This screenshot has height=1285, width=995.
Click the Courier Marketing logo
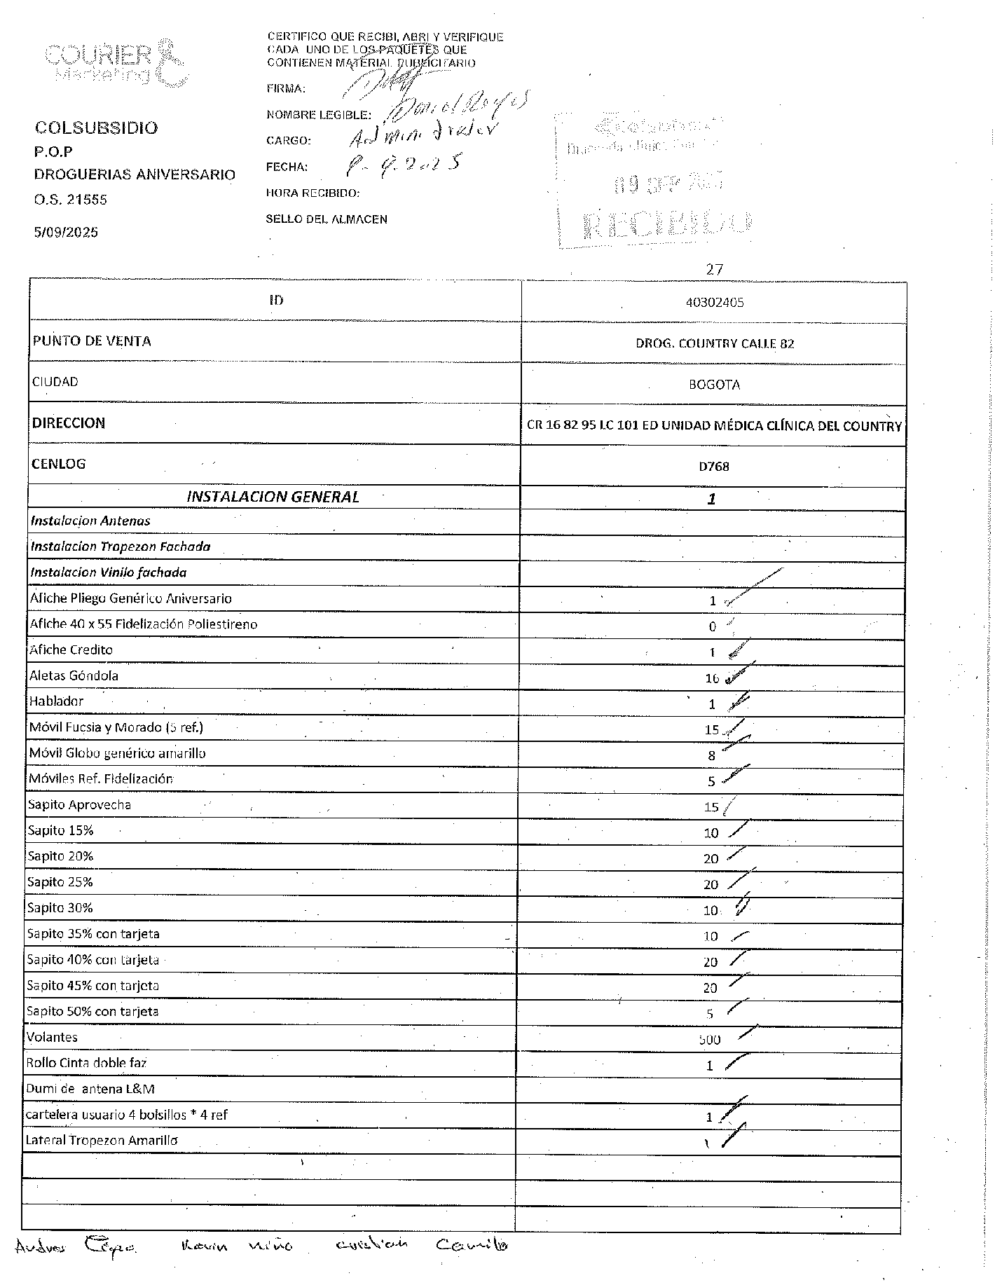[x=116, y=63]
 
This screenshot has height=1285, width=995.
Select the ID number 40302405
[x=714, y=303]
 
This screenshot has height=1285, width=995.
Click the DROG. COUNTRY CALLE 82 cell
[x=714, y=343]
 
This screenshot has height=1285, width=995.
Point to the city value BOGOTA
[x=714, y=385]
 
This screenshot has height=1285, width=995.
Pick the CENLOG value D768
[x=713, y=466]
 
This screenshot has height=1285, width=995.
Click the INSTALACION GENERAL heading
[x=273, y=497]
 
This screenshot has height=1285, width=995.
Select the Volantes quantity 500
[x=709, y=1040]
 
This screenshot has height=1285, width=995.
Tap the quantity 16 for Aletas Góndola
[x=712, y=678]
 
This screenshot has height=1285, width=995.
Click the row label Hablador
[x=56, y=701]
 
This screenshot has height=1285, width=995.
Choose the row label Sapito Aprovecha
[x=79, y=804]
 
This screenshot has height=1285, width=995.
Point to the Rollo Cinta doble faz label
[x=86, y=1063]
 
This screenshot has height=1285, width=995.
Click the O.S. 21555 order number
[x=71, y=200]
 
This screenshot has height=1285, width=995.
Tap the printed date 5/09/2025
[x=66, y=233]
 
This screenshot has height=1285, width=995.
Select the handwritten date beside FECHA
[x=404, y=165]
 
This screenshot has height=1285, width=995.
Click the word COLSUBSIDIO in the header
[x=97, y=128]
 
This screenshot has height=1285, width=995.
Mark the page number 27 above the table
[x=714, y=269]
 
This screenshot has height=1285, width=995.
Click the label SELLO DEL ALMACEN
[x=326, y=219]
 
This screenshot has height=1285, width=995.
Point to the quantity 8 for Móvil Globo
[x=711, y=755]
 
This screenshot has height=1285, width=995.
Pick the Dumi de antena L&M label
[x=90, y=1089]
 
